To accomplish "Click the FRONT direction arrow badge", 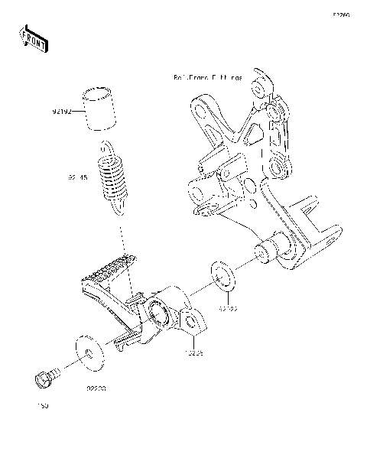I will (34, 37).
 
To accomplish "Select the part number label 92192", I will (62, 112).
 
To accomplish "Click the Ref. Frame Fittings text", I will (207, 78).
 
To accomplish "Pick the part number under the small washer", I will (229, 310).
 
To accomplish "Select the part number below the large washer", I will (95, 388).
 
